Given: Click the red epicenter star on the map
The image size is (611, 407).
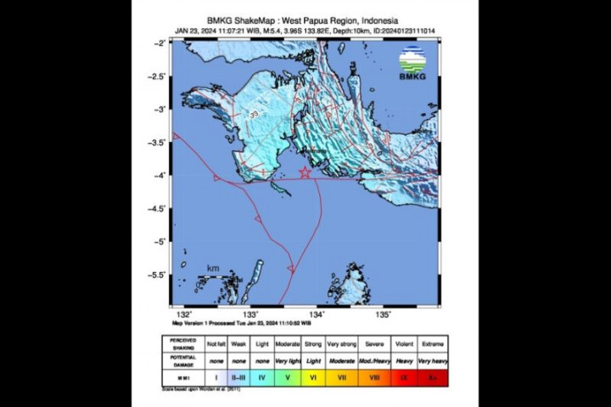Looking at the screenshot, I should tap(305, 172).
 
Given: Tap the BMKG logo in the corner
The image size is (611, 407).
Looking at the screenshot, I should tap(414, 64).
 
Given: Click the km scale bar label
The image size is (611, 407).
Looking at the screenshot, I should tap(213, 269).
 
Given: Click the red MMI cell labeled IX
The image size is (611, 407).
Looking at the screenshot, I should tap(404, 376).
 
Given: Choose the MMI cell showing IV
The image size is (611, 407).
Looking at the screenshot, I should tap(262, 376).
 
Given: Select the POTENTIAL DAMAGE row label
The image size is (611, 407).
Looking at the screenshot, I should tap(183, 361).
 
